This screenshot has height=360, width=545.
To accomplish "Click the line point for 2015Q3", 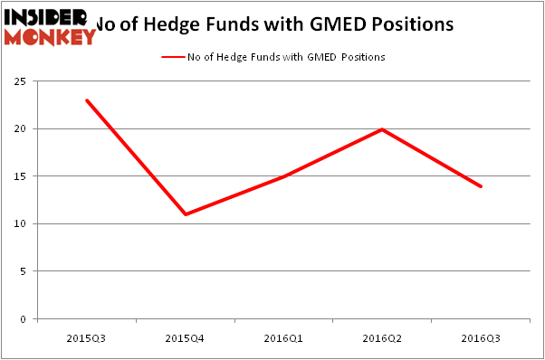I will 87,100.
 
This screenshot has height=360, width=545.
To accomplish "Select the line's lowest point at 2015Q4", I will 186,214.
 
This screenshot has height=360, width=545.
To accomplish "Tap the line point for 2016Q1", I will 284,176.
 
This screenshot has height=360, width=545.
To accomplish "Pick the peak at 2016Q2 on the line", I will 383,129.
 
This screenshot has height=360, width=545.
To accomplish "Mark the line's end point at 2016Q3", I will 481,186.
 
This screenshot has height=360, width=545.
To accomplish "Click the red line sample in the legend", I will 172,57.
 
